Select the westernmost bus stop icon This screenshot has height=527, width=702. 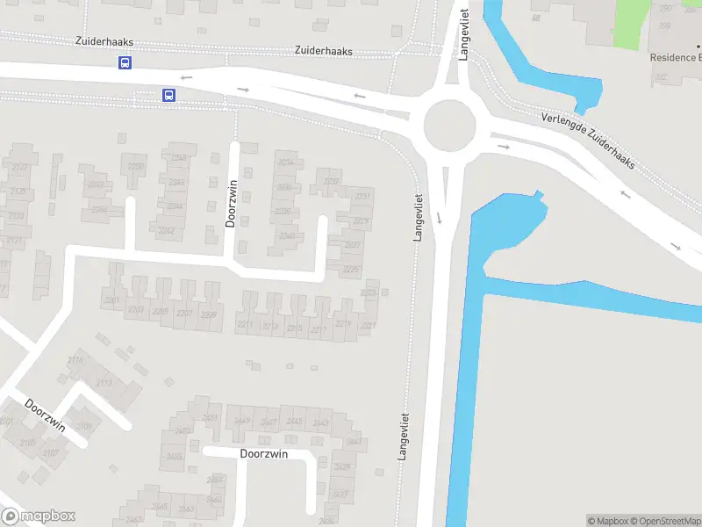pos(125,62)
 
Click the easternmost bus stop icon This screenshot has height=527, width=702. pos(168,95)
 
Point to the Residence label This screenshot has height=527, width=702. pos(675,57)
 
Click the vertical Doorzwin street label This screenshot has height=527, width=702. pos(232,204)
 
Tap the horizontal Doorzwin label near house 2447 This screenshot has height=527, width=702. pos(264,454)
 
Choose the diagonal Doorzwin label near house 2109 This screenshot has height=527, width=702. pos(46,415)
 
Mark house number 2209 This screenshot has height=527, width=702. pos(208,314)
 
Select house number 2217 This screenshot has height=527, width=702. pos(319,330)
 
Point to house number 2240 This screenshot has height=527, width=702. pos(287,235)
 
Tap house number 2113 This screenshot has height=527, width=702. pos(104,383)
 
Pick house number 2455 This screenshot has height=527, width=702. pos(174,456)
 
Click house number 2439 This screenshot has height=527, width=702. pos(342,466)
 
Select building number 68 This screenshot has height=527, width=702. pos(535,18)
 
